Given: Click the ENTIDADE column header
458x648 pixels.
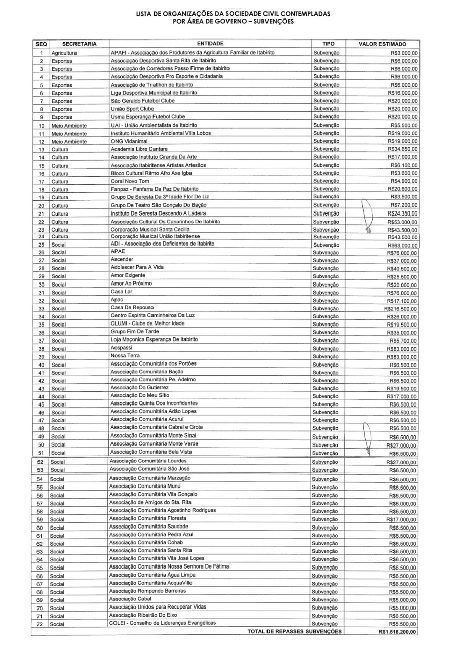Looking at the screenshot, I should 210,44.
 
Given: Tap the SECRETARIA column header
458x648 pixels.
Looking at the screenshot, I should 79,44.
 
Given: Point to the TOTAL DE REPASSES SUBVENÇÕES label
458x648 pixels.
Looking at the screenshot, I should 294,631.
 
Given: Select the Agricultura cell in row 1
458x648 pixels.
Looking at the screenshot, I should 64,53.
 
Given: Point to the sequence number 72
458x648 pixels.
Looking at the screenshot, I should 40,624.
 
